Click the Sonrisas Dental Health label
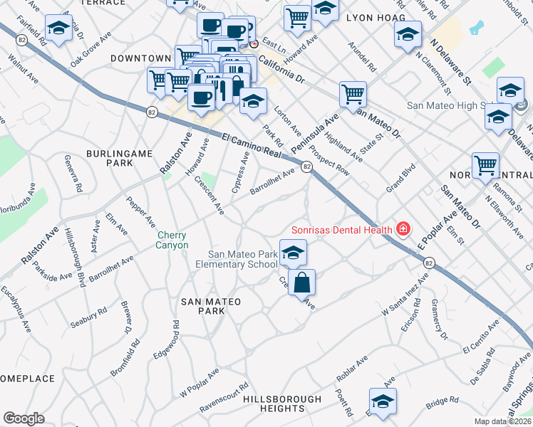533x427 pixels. (x=341, y=230)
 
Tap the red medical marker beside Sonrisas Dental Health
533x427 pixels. (x=403, y=229)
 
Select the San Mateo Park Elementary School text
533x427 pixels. (x=242, y=260)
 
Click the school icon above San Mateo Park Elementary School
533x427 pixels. (x=293, y=252)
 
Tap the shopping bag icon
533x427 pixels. (x=301, y=282)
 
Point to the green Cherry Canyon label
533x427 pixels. (x=172, y=241)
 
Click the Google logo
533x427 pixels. (x=24, y=418)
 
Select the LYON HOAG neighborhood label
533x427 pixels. (x=376, y=17)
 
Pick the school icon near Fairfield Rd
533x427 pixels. (x=58, y=29)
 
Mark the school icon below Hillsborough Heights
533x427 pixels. (x=383, y=401)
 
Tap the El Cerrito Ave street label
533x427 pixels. (x=482, y=339)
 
